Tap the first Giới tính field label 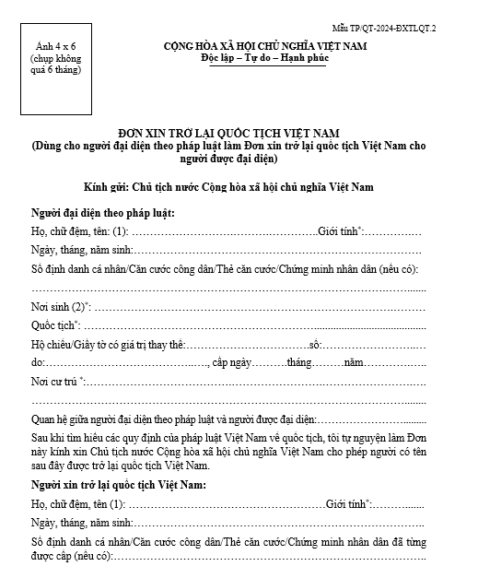click(343, 230)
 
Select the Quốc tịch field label click(55, 324)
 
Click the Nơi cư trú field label click(57, 381)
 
